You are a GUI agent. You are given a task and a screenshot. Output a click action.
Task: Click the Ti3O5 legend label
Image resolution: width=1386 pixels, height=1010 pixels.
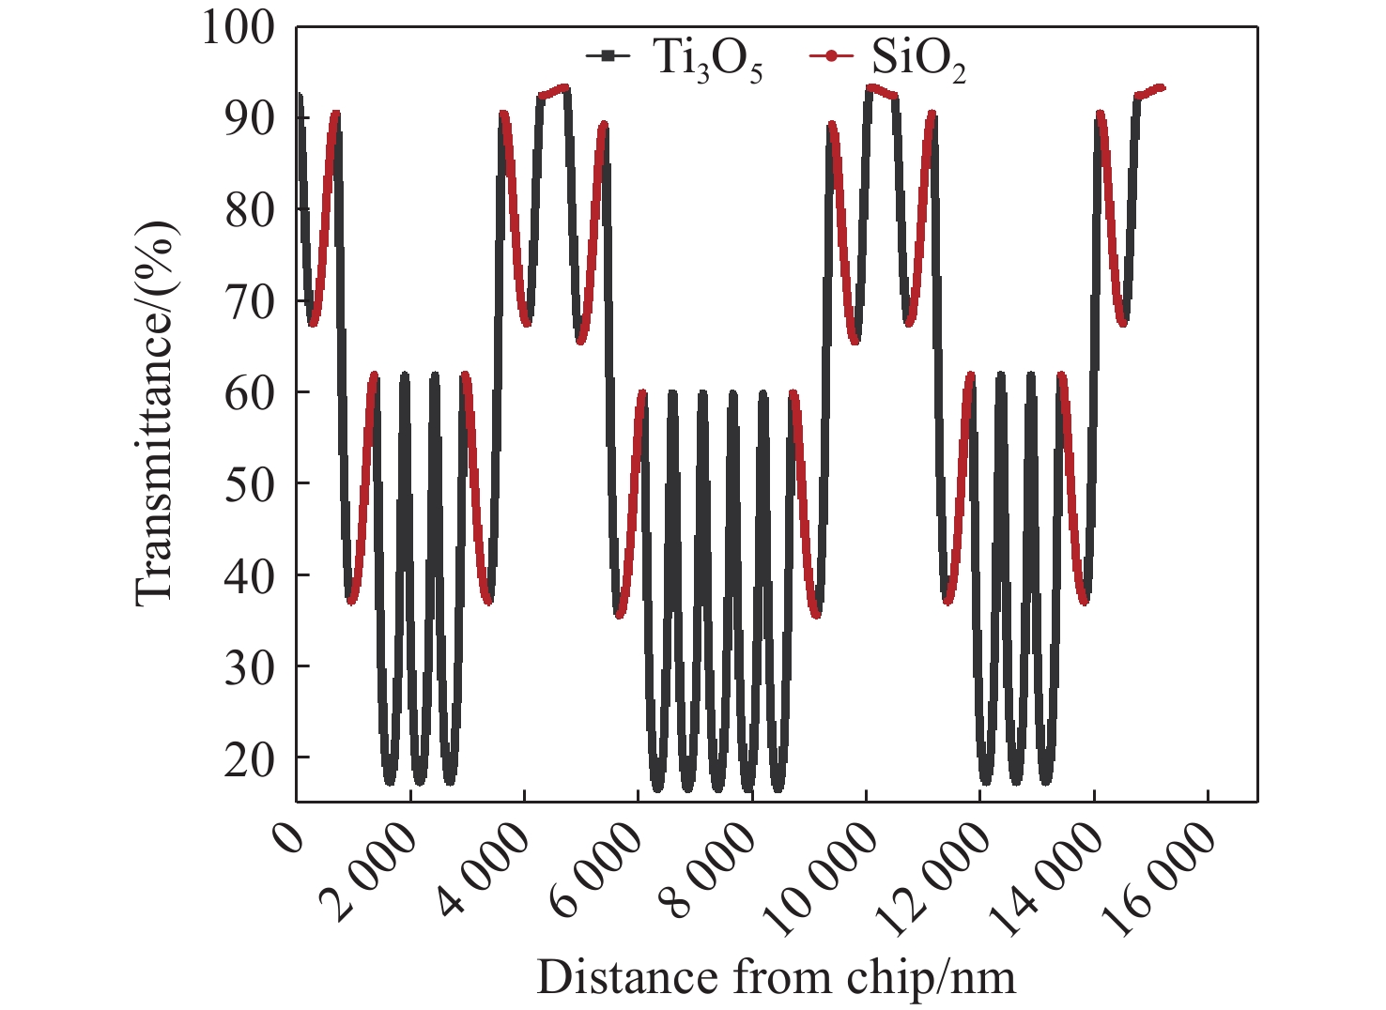pyautogui.click(x=707, y=59)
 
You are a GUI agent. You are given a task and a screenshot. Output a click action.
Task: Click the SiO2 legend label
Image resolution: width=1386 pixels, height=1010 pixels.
pyautogui.click(x=917, y=59)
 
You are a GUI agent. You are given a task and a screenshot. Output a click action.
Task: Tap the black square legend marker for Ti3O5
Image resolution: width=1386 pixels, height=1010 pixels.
pyautogui.click(x=608, y=56)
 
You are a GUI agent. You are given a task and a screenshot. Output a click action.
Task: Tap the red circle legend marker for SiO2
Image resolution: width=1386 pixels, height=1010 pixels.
pyautogui.click(x=831, y=56)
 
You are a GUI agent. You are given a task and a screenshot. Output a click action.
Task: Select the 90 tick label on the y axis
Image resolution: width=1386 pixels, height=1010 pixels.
pyautogui.click(x=250, y=118)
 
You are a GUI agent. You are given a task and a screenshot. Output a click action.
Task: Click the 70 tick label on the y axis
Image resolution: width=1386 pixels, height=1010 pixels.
pyautogui.click(x=250, y=301)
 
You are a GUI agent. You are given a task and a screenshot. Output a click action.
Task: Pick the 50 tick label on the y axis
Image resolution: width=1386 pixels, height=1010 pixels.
pyautogui.click(x=250, y=484)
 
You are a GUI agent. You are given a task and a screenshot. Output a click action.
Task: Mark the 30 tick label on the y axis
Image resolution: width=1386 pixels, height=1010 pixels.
pyautogui.click(x=250, y=667)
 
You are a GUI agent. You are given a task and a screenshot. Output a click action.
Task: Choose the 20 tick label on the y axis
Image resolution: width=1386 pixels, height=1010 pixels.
pyautogui.click(x=250, y=759)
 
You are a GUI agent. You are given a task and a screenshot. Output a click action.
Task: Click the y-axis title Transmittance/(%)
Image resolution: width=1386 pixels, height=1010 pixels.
pyautogui.click(x=155, y=413)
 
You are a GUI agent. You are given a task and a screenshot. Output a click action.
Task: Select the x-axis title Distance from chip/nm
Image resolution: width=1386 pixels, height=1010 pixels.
pyautogui.click(x=776, y=977)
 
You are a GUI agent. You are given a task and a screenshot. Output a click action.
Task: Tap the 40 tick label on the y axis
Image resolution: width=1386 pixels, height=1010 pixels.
pyautogui.click(x=250, y=576)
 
